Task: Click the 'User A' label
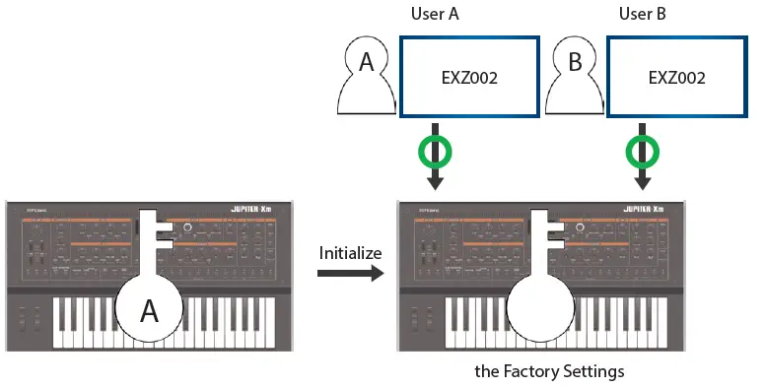pos(435,14)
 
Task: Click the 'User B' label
pos(642,14)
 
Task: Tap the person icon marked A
pos(366,78)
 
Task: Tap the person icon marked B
pos(573,78)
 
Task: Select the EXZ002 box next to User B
pos(675,78)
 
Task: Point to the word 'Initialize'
pos(349,253)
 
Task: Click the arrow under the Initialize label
pos(349,275)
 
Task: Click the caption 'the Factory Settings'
pos(549,372)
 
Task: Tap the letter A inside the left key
pos(150,311)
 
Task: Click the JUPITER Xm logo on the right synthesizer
pos(650,210)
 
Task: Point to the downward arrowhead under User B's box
pos(642,183)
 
